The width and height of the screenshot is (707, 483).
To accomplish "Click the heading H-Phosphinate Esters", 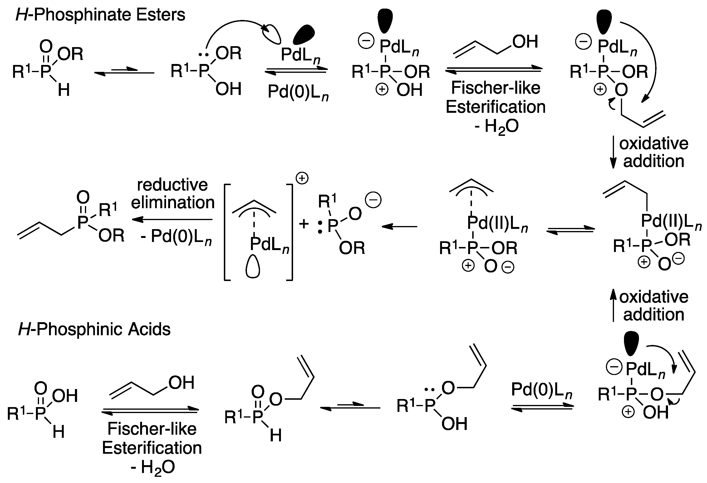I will pyautogui.click(x=100, y=15).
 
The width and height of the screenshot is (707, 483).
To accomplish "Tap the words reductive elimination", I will pyautogui.click(x=173, y=194).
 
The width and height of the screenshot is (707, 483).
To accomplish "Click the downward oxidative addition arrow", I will pyautogui.click(x=613, y=152).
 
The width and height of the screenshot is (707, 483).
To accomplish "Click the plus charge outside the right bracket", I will pyautogui.click(x=302, y=179).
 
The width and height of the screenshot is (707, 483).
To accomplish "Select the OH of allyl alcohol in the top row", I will pyautogui.click(x=525, y=42).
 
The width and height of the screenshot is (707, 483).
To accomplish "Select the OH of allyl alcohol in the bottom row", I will pyautogui.click(x=181, y=383).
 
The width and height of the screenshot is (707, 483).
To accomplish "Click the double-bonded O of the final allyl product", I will pyautogui.click(x=83, y=197).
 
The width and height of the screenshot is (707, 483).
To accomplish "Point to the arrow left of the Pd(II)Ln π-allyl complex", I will pyautogui.click(x=399, y=227).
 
